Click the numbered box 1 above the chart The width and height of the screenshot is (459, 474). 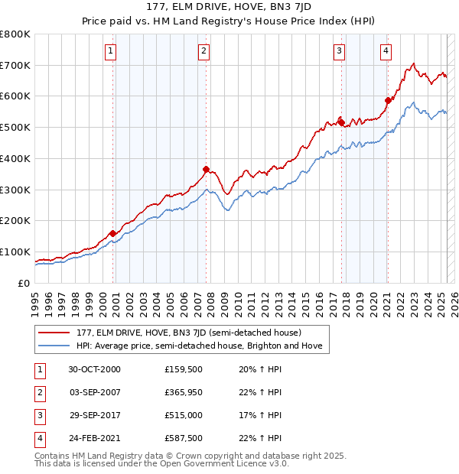click(x=111, y=51)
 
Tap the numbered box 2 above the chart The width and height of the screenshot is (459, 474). click(x=204, y=51)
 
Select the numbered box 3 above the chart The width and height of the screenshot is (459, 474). click(x=339, y=51)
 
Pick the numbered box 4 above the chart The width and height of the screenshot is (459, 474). click(x=386, y=51)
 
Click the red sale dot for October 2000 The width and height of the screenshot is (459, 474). click(x=113, y=233)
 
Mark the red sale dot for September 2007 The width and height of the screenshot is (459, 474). click(x=206, y=169)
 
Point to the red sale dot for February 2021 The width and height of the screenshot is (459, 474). click(x=388, y=100)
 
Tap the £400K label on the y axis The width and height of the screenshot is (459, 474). click(x=15, y=158)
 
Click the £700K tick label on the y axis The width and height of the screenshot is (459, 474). click(x=15, y=65)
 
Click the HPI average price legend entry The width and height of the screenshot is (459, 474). click(x=199, y=346)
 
